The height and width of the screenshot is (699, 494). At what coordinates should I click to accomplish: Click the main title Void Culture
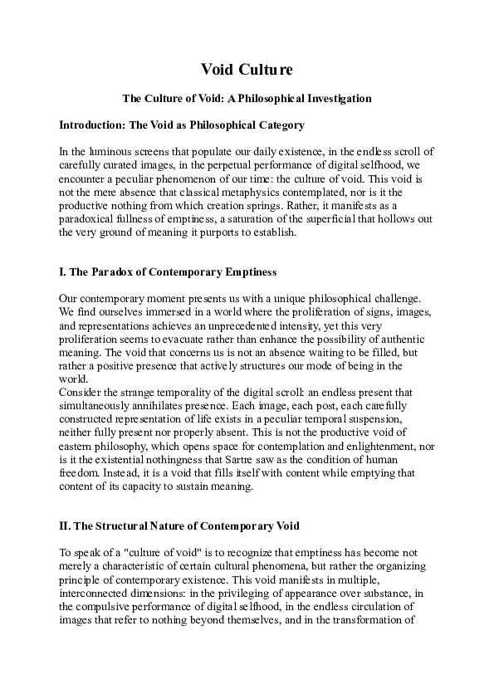247,70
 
